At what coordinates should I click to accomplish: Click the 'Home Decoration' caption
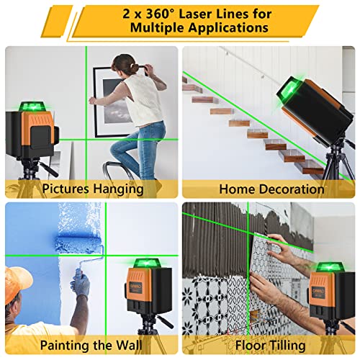click(x=271, y=189)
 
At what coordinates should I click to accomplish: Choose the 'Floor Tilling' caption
click(x=271, y=344)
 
